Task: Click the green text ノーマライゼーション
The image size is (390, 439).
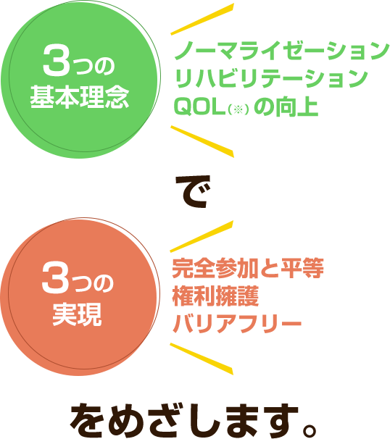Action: pyautogui.click(x=281, y=51)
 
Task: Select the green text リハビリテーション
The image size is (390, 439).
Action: pyautogui.click(x=270, y=79)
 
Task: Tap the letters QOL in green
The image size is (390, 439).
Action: pyautogui.click(x=200, y=106)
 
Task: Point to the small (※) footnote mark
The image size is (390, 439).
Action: pyautogui.click(x=238, y=109)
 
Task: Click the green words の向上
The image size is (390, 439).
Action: pyautogui.click(x=286, y=106)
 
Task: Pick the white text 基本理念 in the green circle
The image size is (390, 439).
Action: pyautogui.click(x=80, y=97)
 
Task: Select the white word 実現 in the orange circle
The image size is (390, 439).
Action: pyautogui.click(x=77, y=314)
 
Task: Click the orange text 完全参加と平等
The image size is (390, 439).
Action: pyautogui.click(x=248, y=268)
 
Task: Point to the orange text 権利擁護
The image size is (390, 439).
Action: pyautogui.click(x=215, y=296)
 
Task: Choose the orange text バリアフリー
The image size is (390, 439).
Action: pyautogui.click(x=237, y=324)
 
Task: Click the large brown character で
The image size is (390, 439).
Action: pyautogui.click(x=194, y=191)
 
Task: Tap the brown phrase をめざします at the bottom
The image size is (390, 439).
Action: pyautogui.click(x=184, y=421)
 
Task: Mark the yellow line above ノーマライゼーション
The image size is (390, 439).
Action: pyautogui.click(x=202, y=19)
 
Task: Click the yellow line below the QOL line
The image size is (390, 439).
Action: pyautogui.click(x=202, y=142)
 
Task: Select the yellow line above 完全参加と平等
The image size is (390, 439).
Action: pyautogui.click(x=202, y=236)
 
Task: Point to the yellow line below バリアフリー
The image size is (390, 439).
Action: pyautogui.click(x=202, y=359)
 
